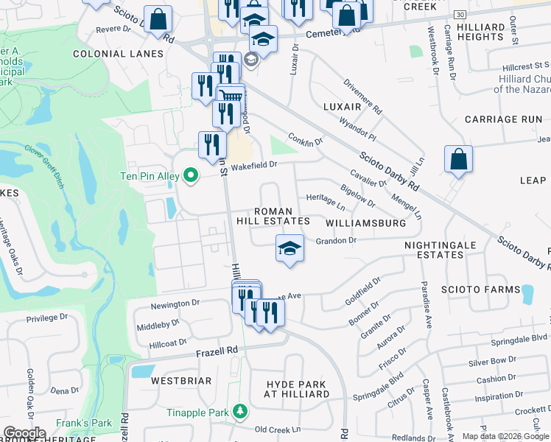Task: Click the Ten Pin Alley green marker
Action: click(x=191, y=175)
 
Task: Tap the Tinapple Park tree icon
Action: click(x=239, y=411)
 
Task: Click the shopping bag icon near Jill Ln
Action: click(x=458, y=159)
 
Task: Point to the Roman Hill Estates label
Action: click(x=273, y=216)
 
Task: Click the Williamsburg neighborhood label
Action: click(x=365, y=222)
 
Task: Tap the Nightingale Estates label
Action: click(x=440, y=250)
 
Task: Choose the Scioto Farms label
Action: click(x=486, y=290)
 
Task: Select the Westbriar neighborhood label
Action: click(x=181, y=381)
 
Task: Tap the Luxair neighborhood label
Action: click(x=343, y=107)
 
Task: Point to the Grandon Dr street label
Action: click(x=336, y=240)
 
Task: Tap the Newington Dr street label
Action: click(x=175, y=303)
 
